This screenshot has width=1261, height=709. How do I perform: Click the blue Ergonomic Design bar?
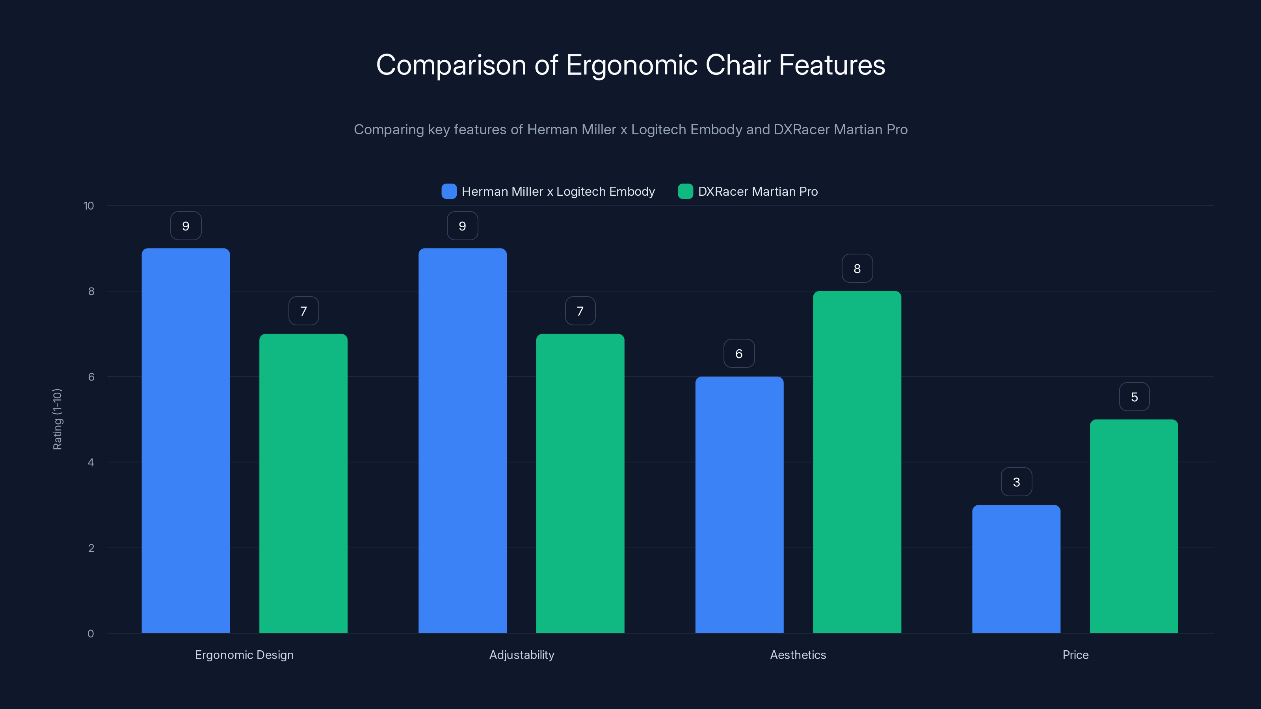(186, 440)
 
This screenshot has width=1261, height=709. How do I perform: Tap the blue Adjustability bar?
(462, 440)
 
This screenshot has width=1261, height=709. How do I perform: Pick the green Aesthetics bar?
(857, 462)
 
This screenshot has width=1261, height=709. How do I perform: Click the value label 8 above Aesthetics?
(857, 269)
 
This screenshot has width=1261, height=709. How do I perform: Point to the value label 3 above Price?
(1016, 482)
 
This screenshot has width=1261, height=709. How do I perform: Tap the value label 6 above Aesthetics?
(739, 353)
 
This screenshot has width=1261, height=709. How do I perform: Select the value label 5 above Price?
(1134, 397)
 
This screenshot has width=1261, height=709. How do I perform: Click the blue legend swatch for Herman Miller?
(449, 191)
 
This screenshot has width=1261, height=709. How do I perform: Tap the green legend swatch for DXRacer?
(685, 191)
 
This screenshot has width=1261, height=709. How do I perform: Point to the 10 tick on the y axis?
(89, 206)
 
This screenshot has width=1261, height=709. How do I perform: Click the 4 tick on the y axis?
(91, 462)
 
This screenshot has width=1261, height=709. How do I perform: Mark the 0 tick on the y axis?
(91, 634)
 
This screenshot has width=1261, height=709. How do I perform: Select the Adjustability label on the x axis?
(521, 655)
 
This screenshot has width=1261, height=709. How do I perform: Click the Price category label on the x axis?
(1075, 655)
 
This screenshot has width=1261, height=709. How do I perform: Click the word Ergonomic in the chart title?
(631, 65)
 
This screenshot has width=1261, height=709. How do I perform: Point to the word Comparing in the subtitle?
(389, 130)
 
